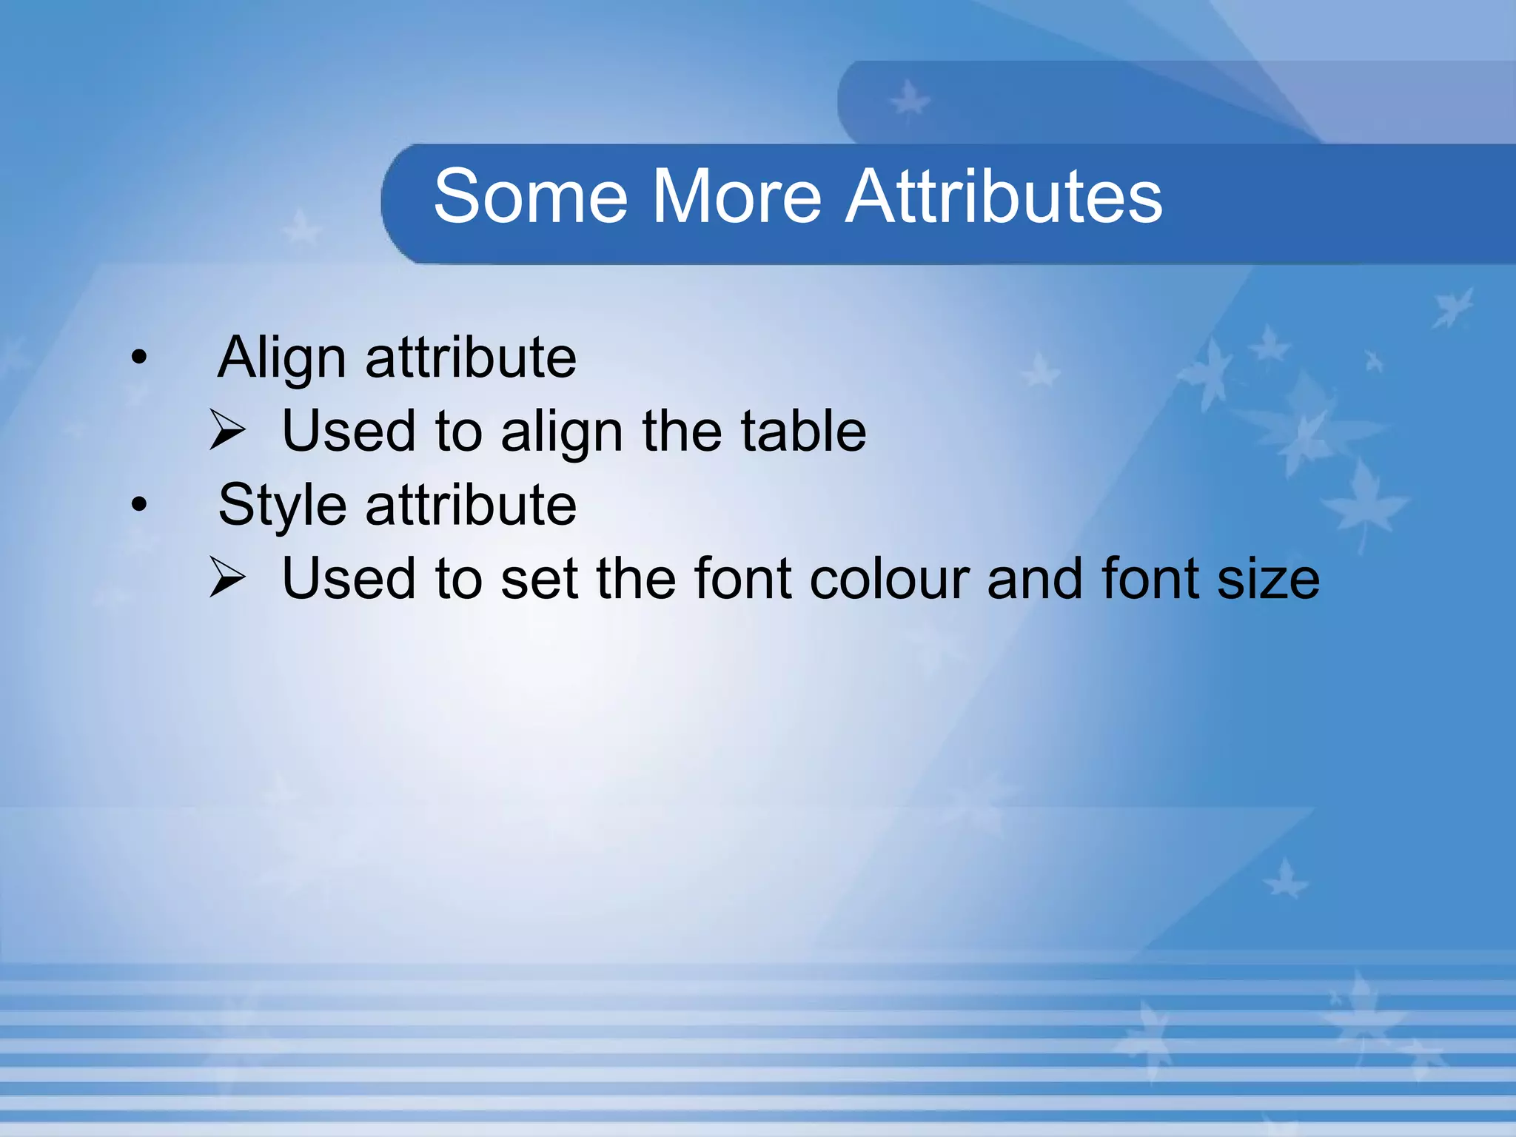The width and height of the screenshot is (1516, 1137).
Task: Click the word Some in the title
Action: pyautogui.click(x=531, y=196)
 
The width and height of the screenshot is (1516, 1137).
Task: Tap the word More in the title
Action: pyautogui.click(x=736, y=196)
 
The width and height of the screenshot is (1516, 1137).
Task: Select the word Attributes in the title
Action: pyautogui.click(x=1004, y=196)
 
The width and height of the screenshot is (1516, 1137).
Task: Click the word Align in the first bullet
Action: pyautogui.click(x=282, y=358)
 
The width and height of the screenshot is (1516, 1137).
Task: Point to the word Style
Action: pyautogui.click(x=282, y=506)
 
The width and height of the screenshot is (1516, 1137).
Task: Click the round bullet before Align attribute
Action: pyautogui.click(x=139, y=359)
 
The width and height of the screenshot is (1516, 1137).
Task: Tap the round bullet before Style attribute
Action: pyautogui.click(x=139, y=506)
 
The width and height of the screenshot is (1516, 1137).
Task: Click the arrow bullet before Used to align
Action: pyautogui.click(x=227, y=430)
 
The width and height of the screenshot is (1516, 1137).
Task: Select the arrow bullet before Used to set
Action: pyautogui.click(x=227, y=577)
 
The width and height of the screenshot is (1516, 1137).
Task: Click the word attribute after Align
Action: pyautogui.click(x=471, y=358)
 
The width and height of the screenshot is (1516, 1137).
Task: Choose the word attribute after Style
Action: pyautogui.click(x=471, y=506)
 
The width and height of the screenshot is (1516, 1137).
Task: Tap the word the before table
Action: pyautogui.click(x=681, y=431)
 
